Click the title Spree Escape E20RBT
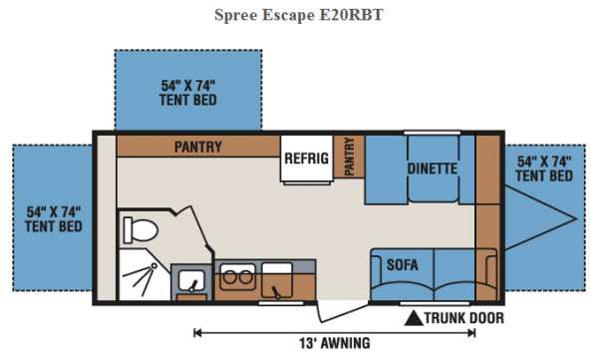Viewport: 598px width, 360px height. click(299, 15)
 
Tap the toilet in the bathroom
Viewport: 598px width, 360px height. click(140, 229)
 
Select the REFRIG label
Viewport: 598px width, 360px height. click(307, 158)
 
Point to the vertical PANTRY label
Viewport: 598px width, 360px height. click(349, 157)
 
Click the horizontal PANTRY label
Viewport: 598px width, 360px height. click(198, 147)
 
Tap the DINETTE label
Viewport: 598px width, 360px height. click(433, 169)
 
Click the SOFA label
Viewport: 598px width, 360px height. click(403, 265)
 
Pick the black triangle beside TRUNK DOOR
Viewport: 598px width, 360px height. click(414, 318)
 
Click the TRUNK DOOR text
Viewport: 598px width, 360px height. click(464, 318)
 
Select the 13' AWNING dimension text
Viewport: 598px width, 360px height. click(335, 343)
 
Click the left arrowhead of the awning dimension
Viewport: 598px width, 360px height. click(197, 333)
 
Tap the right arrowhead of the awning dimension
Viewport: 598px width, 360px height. click(471, 333)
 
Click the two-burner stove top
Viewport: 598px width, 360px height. click(237, 277)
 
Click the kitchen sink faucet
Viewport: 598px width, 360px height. click(275, 292)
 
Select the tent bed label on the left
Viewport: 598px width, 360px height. click(54, 219)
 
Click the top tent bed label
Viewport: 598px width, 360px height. click(188, 93)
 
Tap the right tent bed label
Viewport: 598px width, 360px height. click(544, 169)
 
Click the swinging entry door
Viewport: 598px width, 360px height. click(343, 313)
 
